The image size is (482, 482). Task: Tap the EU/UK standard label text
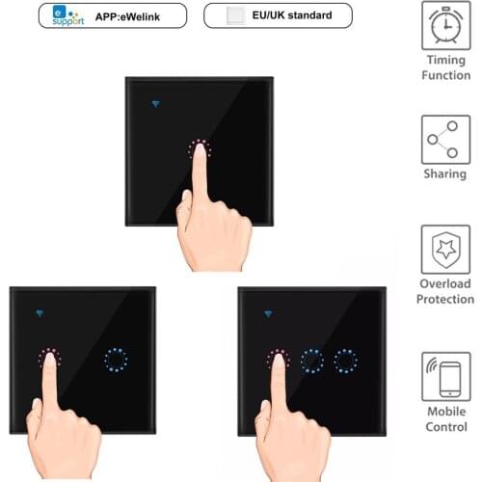pos(288,16)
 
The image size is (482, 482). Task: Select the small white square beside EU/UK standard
pos(232,16)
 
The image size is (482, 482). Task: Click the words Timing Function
pos(446,67)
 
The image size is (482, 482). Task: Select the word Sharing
pos(445,174)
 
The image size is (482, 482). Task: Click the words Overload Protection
pos(445,291)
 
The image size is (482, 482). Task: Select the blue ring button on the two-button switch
pos(117,361)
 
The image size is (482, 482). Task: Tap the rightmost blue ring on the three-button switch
pos(345,361)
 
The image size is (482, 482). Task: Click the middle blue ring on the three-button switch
pos(311,361)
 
